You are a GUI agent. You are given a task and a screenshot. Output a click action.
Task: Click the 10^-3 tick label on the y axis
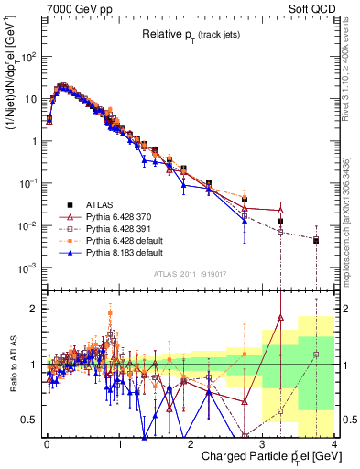tap(26, 267)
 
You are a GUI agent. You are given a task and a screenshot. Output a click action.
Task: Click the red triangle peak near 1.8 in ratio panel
tap(280, 319)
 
